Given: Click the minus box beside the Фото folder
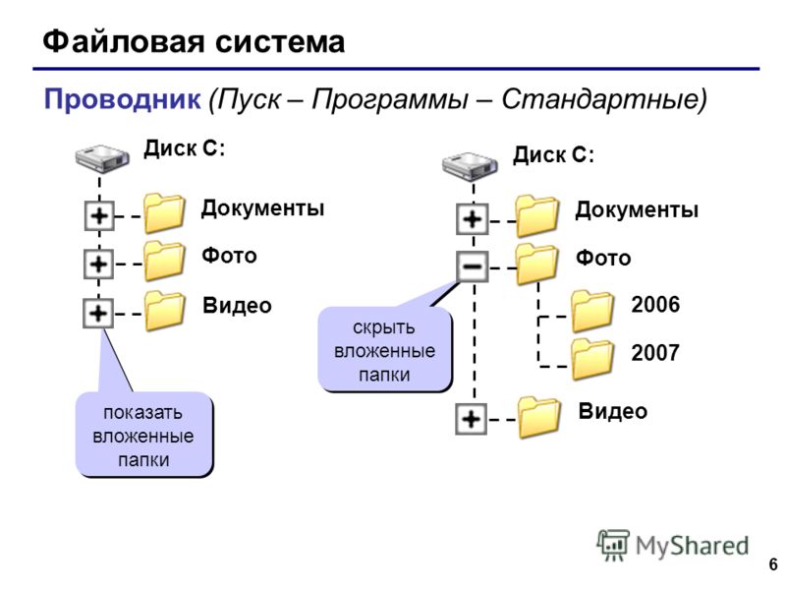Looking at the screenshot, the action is (473, 265).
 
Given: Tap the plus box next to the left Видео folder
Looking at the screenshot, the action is (98, 313).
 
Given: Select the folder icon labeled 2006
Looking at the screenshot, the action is (592, 312).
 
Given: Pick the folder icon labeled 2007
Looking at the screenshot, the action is (592, 359).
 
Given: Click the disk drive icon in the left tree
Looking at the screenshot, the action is (102, 158).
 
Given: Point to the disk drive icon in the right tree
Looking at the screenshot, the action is (470, 166).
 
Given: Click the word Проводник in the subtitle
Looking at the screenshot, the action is (122, 98).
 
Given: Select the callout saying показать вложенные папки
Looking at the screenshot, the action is (144, 435).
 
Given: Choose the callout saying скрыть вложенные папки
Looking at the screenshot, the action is (385, 350).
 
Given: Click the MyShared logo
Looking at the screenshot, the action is (673, 546).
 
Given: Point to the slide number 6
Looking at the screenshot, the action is (773, 563).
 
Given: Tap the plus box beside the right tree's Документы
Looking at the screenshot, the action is (473, 218).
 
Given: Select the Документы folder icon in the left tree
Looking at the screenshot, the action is (164, 213).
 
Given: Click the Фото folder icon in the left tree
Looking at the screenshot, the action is (164, 261).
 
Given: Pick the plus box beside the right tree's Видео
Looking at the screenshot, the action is (472, 418).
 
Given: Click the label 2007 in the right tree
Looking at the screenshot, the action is (655, 353).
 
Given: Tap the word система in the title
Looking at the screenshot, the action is (280, 42).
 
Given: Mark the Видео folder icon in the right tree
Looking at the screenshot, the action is (538, 417).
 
